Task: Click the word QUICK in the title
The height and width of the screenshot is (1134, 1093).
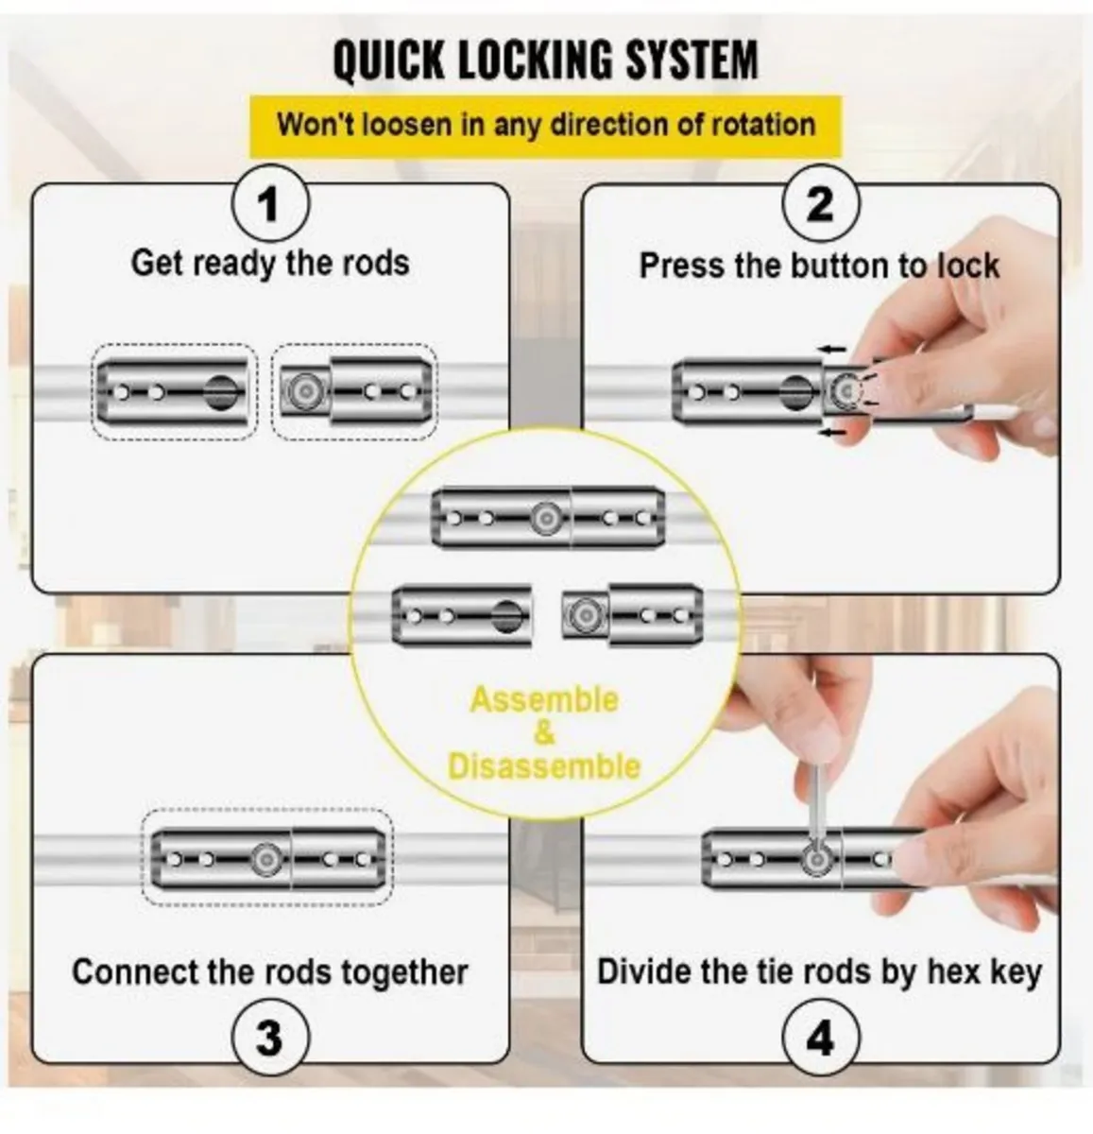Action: (388, 60)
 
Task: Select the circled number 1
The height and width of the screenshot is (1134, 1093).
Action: (270, 204)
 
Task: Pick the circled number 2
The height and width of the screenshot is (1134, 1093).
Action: (820, 204)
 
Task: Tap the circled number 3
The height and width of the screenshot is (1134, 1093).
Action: (270, 1038)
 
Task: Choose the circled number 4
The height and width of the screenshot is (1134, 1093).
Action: (820, 1038)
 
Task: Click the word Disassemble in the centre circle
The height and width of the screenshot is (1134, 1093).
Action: (544, 766)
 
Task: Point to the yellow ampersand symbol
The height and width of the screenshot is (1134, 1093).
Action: (544, 733)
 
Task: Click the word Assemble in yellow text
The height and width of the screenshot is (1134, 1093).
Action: (544, 699)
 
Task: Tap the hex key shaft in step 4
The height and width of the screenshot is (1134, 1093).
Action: (816, 810)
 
